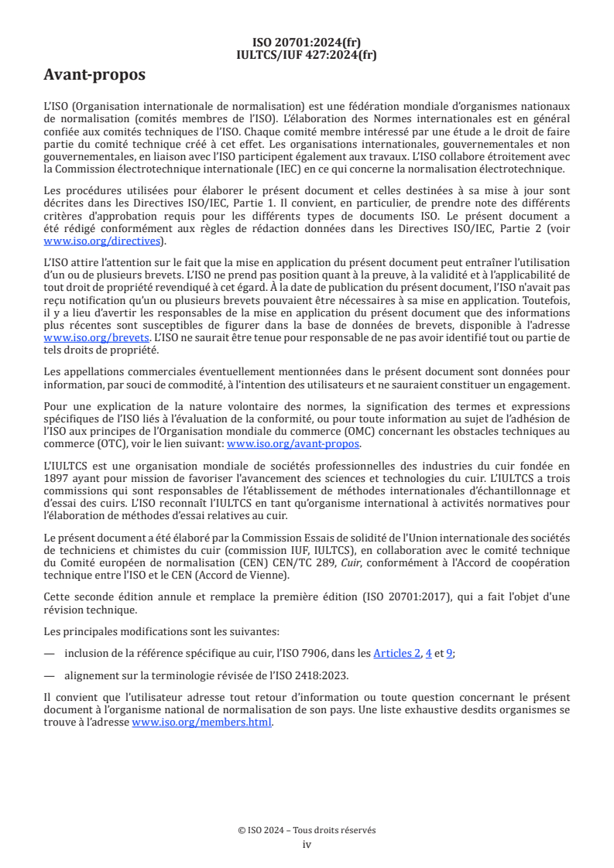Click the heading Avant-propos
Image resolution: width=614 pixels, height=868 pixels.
tap(94, 75)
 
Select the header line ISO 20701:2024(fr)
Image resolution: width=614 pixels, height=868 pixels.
tap(307, 43)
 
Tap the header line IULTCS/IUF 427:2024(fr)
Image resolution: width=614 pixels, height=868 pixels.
tap(307, 54)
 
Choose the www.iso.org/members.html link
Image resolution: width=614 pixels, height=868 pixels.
tap(202, 723)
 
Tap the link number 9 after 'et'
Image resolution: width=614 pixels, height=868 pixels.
tap(449, 653)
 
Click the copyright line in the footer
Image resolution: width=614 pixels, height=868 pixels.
tap(307, 830)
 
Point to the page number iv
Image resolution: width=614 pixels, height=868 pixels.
tap(307, 844)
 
